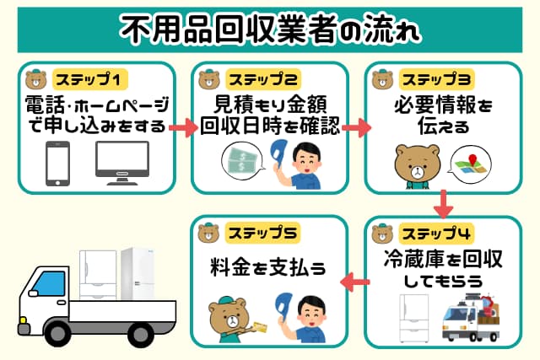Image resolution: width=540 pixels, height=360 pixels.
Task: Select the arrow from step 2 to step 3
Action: pyautogui.click(x=355, y=128)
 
